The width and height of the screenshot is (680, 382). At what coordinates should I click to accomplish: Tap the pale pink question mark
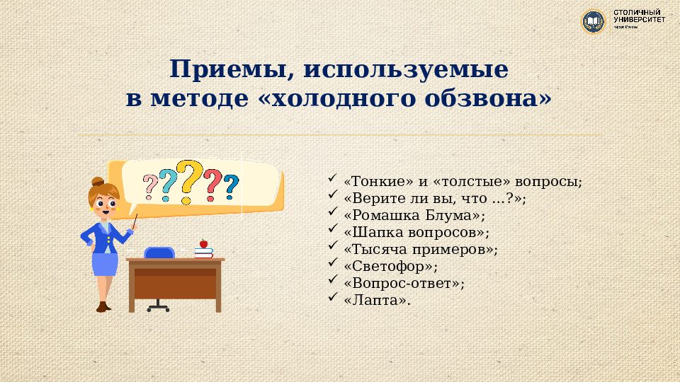pyautogui.click(x=150, y=187)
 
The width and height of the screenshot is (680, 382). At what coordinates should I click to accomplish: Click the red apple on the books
pyautogui.click(x=203, y=243)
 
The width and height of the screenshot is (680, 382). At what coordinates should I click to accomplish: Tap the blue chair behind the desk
pyautogui.click(x=159, y=253)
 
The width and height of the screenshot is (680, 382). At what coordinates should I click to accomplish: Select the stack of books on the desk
pyautogui.click(x=204, y=252)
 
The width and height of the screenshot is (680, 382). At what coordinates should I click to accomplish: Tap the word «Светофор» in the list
pyautogui.click(x=390, y=267)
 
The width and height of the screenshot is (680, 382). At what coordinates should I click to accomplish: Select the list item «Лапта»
pyautogui.click(x=377, y=301)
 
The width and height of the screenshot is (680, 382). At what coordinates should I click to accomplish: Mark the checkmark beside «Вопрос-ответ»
pyautogui.click(x=334, y=282)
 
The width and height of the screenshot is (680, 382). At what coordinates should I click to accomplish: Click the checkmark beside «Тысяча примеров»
pyautogui.click(x=334, y=248)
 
